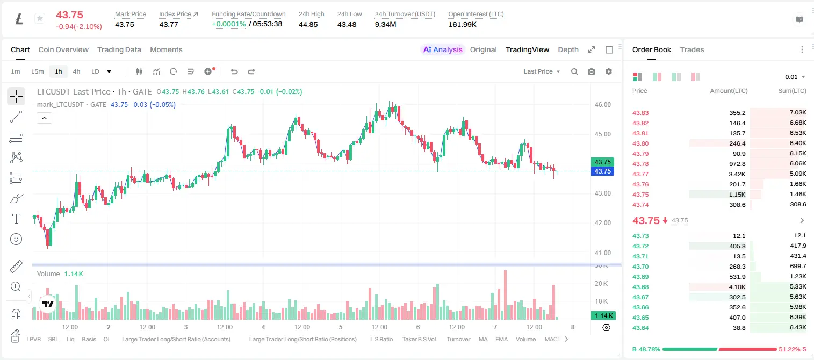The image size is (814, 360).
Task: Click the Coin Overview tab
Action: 63,49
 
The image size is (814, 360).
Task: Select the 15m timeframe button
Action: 37,71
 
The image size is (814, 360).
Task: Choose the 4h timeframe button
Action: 76,71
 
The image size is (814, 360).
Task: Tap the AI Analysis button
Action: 443,49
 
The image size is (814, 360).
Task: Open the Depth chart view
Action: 568,49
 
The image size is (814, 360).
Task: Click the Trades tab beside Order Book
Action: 692,49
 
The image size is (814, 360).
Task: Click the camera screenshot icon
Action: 592,71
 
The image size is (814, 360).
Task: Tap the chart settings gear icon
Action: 609,71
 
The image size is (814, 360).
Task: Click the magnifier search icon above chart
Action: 574,71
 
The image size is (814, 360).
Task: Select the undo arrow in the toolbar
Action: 234,71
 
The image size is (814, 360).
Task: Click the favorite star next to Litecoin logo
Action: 40,18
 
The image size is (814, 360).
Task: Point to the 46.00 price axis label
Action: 602,105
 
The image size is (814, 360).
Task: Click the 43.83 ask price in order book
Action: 640,113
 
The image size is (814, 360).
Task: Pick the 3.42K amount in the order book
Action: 737,174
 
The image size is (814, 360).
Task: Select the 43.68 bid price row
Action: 640,287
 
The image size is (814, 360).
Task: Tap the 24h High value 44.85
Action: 308,24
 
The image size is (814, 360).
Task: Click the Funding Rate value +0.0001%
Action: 228,24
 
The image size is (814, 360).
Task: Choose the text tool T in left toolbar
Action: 16,219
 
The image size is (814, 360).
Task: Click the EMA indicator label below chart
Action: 501,339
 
